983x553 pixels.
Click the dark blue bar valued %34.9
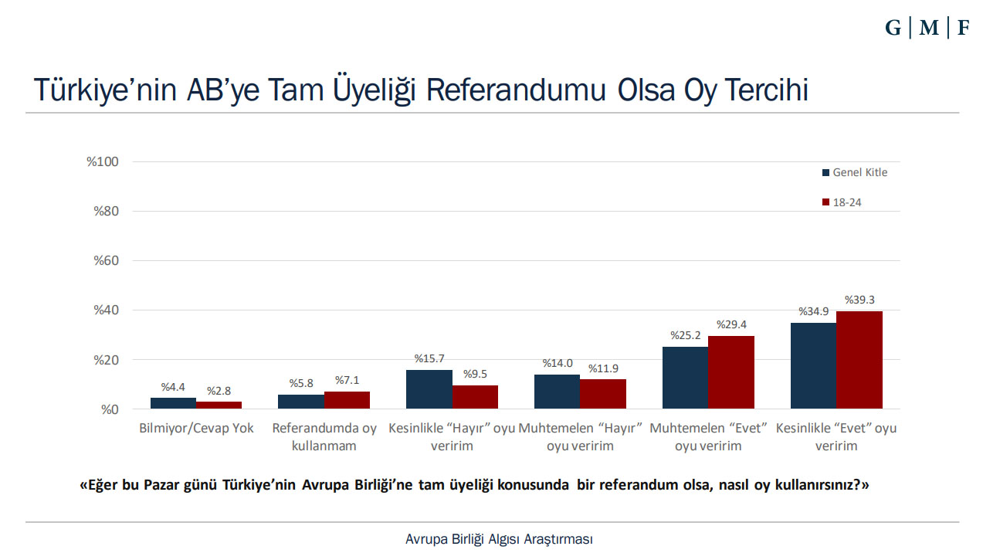[x=813, y=365]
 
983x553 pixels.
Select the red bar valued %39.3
[x=859, y=360]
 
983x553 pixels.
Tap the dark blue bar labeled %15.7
[x=429, y=389]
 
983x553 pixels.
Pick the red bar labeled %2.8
[x=219, y=405]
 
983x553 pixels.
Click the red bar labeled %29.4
[x=730, y=372]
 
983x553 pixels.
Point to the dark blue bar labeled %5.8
[x=301, y=402]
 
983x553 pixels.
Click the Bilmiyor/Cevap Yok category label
[x=196, y=428]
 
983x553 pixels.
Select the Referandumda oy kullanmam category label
[x=324, y=437]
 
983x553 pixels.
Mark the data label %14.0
[x=557, y=363]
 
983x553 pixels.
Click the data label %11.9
[x=603, y=368]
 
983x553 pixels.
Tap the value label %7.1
[x=347, y=380]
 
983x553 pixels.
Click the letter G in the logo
[x=893, y=29]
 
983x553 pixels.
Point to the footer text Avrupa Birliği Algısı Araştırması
[x=499, y=539]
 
